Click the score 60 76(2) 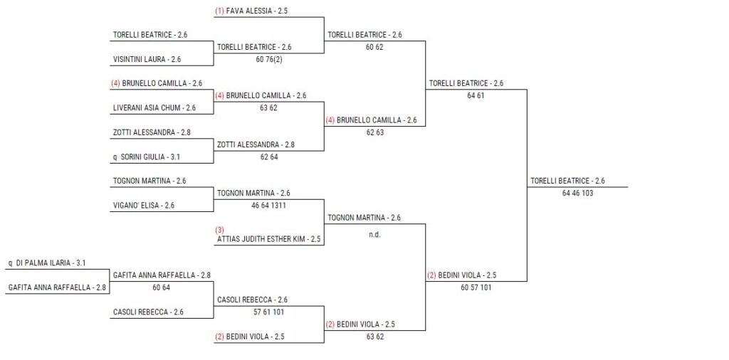coord(269,60)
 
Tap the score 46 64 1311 coord(268,206)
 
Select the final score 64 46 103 coord(577,194)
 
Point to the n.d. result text coord(374,235)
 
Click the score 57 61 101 coord(268,312)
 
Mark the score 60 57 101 coord(476,287)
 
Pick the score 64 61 coord(476,95)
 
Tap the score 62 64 coord(269,157)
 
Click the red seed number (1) coord(219,11)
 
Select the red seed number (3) coord(219,230)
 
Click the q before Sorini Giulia coord(115,157)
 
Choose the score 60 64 coord(162,287)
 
